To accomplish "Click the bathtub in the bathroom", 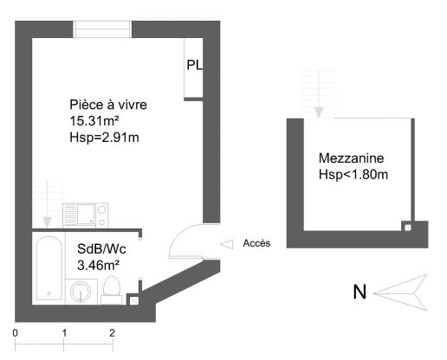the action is click(x=49, y=268).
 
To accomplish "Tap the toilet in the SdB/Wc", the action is click(x=112, y=290).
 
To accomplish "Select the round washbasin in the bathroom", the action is click(x=81, y=292).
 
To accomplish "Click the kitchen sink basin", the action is click(x=86, y=214).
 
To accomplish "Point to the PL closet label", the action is click(x=195, y=65).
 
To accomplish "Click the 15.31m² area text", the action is click(x=94, y=121).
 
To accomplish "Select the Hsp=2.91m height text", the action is click(x=104, y=138).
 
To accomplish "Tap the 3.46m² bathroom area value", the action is click(x=99, y=265).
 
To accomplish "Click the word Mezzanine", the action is click(x=351, y=158).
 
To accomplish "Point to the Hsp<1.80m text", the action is click(x=353, y=175).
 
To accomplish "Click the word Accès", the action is click(x=256, y=243).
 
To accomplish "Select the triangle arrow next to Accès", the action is click(x=227, y=244).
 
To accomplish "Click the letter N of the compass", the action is click(x=360, y=292).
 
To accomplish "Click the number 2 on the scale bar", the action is click(x=112, y=333).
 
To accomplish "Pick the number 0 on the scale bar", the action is click(x=15, y=333).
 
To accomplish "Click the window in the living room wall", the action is click(x=102, y=29).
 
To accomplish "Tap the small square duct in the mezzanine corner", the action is click(x=407, y=228).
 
